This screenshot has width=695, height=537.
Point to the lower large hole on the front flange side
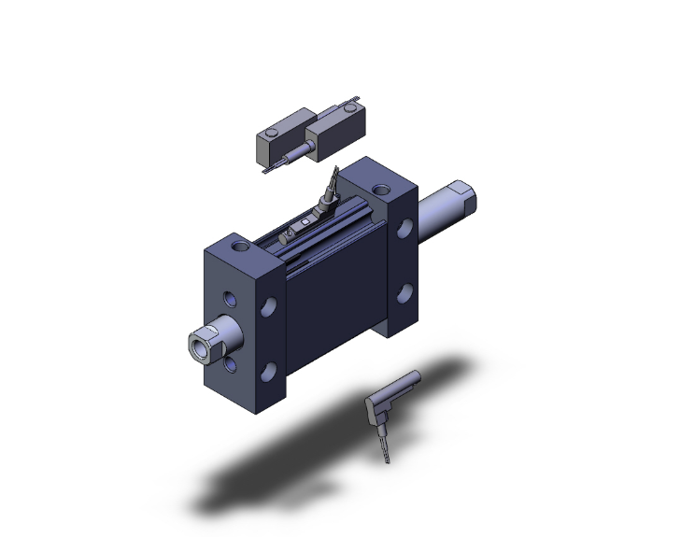269,372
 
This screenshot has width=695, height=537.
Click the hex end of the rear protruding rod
464,199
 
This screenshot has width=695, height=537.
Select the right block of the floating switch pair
339,125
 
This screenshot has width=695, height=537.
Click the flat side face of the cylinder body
332,290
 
